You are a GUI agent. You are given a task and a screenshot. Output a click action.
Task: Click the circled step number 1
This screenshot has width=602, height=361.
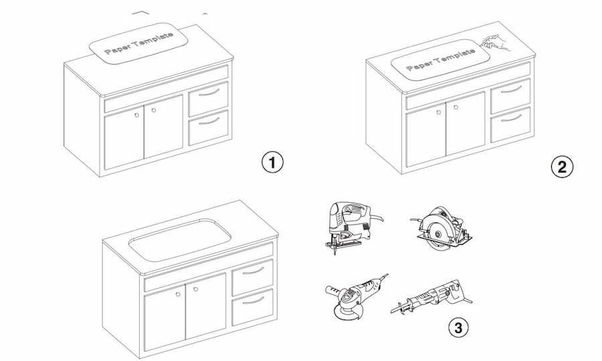tap(272, 162)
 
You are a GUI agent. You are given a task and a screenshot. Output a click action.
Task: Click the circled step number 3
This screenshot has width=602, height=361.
tap(458, 328)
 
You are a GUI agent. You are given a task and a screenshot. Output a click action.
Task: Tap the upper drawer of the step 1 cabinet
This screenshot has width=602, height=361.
tap(208, 98)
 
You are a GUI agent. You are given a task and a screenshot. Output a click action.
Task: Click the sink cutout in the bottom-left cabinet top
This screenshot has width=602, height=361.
tap(179, 238)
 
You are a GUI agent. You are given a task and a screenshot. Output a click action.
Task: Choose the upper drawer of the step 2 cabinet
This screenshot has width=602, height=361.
tap(510, 94)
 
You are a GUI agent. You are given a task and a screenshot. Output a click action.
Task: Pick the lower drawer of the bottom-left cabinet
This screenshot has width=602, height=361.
tap(252, 307)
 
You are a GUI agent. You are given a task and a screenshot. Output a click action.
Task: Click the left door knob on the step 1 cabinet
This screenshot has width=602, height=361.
tap(137, 115)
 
